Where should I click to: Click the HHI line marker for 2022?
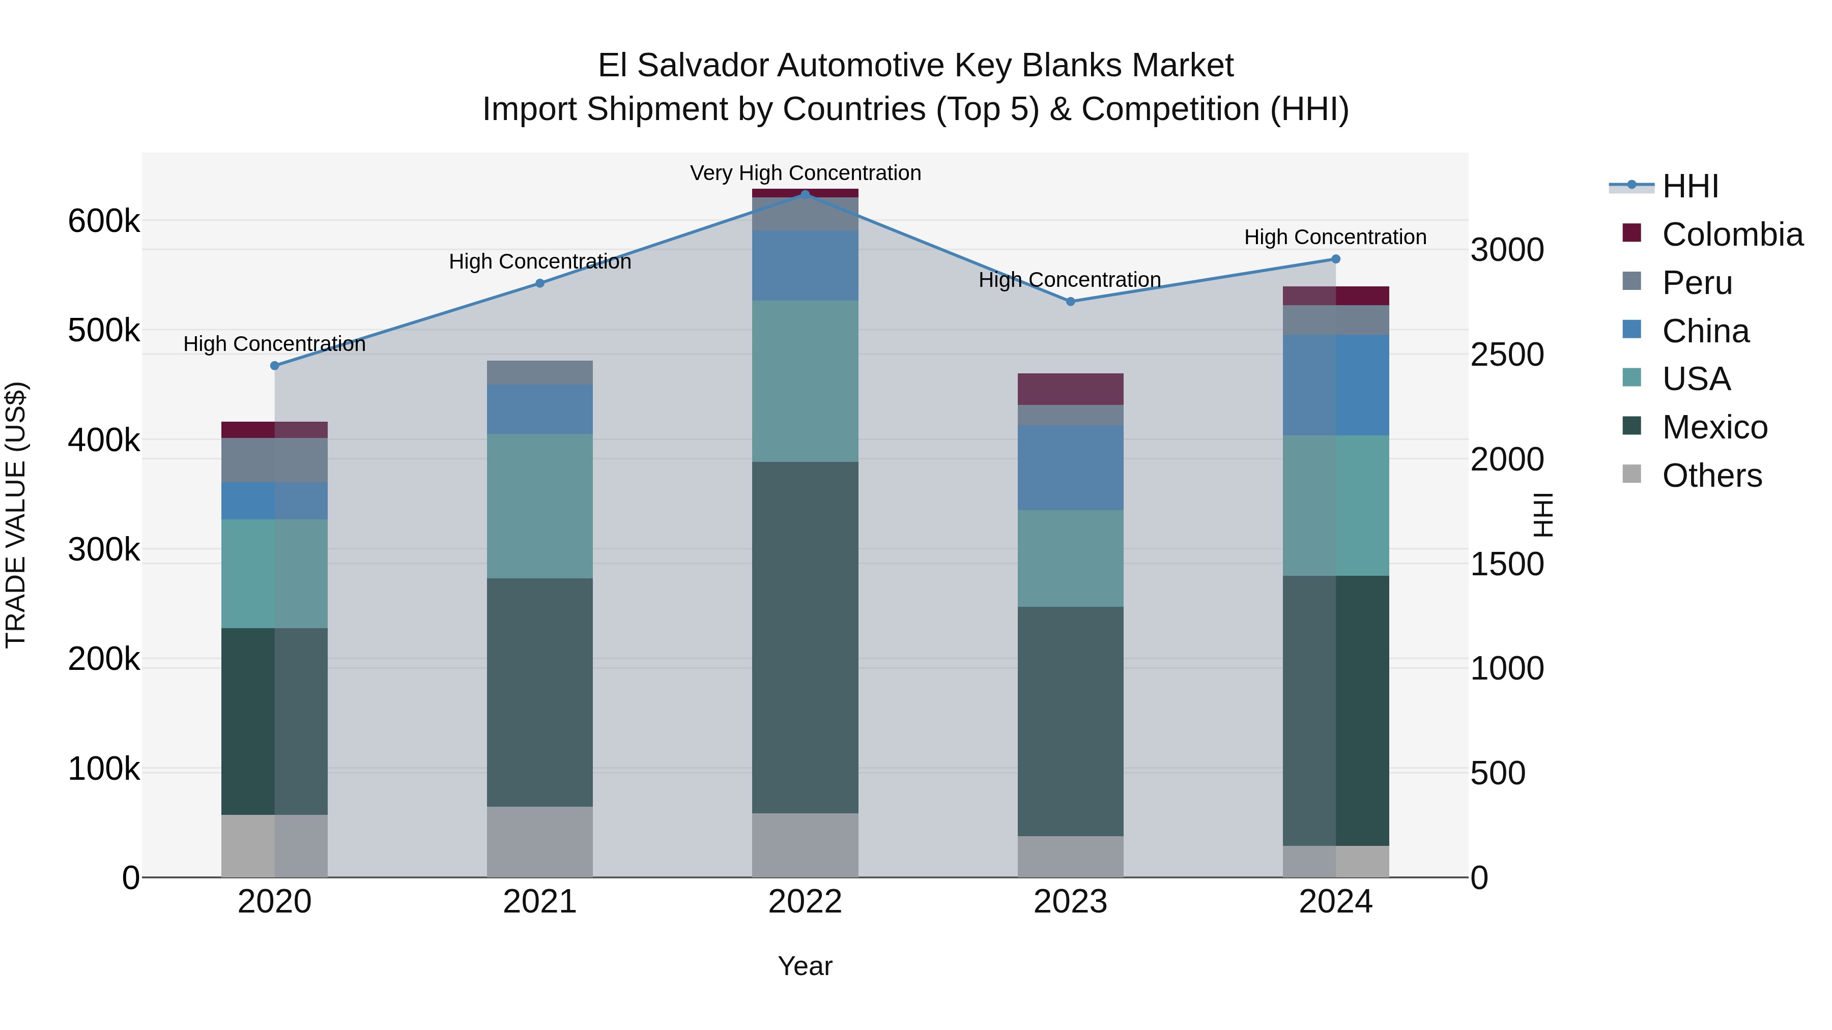(x=805, y=194)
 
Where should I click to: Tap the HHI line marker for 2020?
(x=274, y=365)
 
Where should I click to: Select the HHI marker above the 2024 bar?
(x=1336, y=259)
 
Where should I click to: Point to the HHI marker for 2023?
(x=1070, y=302)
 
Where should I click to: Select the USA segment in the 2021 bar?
(x=540, y=506)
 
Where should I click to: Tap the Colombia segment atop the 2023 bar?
(x=1070, y=389)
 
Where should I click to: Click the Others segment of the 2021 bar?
(x=540, y=842)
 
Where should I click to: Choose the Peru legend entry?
(x=1697, y=283)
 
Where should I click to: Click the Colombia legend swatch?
(x=1631, y=233)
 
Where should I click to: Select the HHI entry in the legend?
(x=1690, y=186)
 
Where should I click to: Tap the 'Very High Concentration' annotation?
(x=805, y=173)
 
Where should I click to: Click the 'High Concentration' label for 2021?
(x=540, y=261)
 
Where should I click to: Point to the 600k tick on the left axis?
(x=104, y=221)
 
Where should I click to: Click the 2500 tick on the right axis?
(x=1507, y=355)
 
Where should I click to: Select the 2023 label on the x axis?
(x=1070, y=902)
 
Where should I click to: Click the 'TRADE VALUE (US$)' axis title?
(x=16, y=515)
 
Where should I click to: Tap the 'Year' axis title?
(x=805, y=966)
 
